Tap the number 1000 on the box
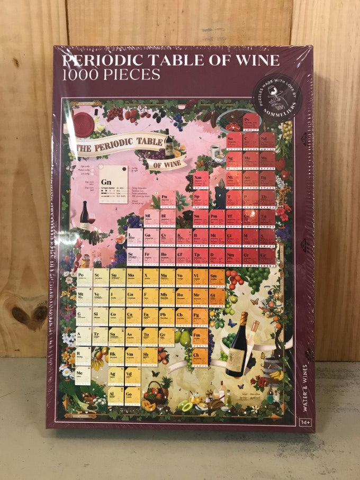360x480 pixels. point(80,74)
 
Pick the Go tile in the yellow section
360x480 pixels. point(133,395)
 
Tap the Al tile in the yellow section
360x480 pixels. point(115,395)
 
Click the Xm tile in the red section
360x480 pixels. point(200,181)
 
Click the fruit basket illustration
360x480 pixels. point(154,394)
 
